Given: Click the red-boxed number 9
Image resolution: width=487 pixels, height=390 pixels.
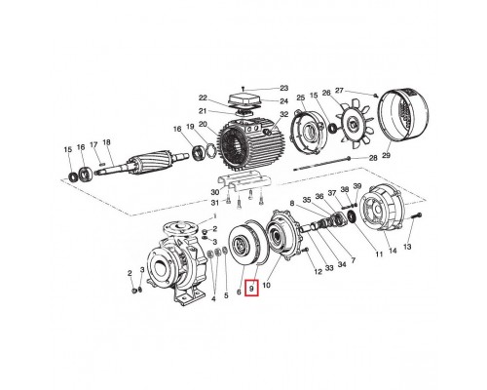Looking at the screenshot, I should pos(252,289).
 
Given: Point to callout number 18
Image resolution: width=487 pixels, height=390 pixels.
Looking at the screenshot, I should pos(107,143).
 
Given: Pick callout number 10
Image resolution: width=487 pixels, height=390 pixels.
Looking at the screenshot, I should pos(267,289).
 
